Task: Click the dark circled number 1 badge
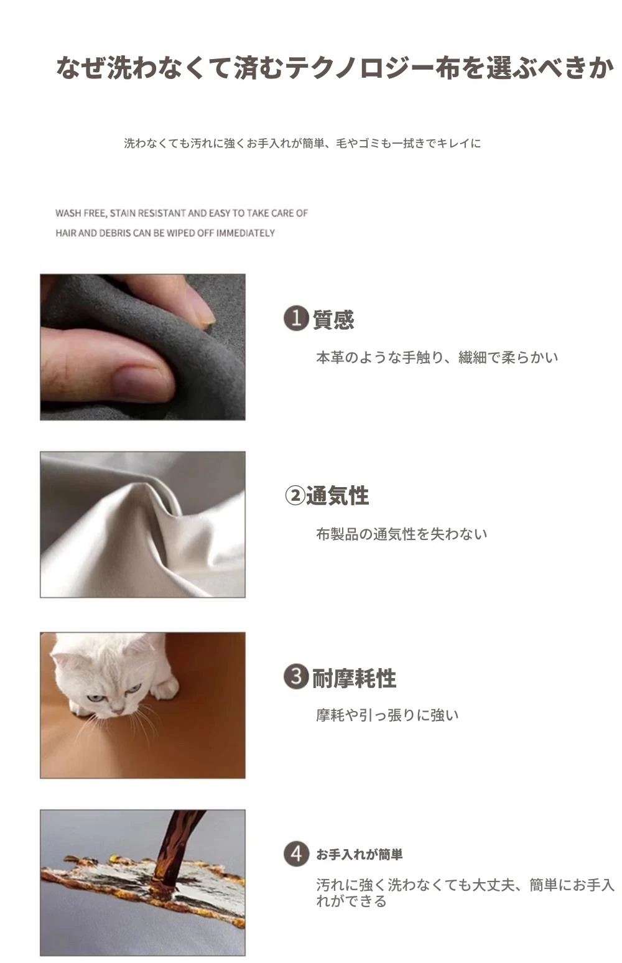[x=296, y=319]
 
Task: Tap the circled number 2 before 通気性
[x=295, y=496]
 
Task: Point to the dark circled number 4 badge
[x=296, y=854]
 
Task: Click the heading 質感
[x=333, y=319]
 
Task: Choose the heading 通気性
[x=338, y=496]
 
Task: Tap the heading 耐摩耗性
[x=354, y=679]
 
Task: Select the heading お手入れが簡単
[x=360, y=854]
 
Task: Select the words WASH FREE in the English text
[x=81, y=213]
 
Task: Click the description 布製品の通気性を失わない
[x=401, y=534]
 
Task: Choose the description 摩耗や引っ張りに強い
[x=388, y=715]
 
